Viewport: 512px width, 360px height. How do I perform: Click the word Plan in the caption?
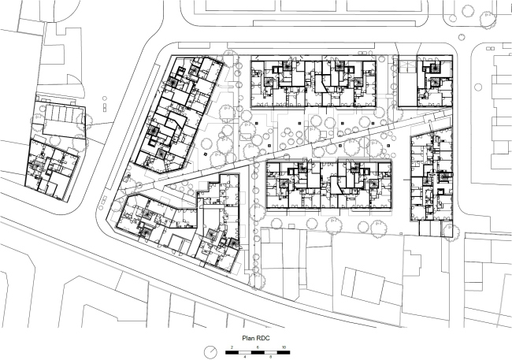[247, 338]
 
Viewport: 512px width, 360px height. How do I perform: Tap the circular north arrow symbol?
[210, 352]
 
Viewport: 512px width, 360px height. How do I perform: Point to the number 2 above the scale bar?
[232, 347]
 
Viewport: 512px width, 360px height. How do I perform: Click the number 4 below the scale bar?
[245, 357]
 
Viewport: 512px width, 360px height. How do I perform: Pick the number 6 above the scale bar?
[258, 347]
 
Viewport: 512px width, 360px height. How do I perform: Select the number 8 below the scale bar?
[271, 357]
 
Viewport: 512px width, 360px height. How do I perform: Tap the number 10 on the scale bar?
[284, 347]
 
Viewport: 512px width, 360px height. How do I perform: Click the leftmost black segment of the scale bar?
[232, 352]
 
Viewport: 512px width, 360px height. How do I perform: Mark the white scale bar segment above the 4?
[245, 352]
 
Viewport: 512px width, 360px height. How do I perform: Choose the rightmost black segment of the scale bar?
[284, 352]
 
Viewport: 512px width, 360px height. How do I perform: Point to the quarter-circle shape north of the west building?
[76, 86]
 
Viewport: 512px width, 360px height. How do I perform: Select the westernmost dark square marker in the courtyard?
[205, 154]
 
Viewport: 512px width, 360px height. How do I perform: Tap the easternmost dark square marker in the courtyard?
[388, 146]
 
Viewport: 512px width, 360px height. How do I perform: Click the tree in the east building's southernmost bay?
[447, 231]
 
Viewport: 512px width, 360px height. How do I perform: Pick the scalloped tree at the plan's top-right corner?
[487, 20]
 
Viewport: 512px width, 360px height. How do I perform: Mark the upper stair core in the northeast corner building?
[435, 69]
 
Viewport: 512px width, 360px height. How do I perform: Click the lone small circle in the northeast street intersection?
[461, 37]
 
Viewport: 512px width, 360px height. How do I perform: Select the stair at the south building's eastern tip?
[233, 243]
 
